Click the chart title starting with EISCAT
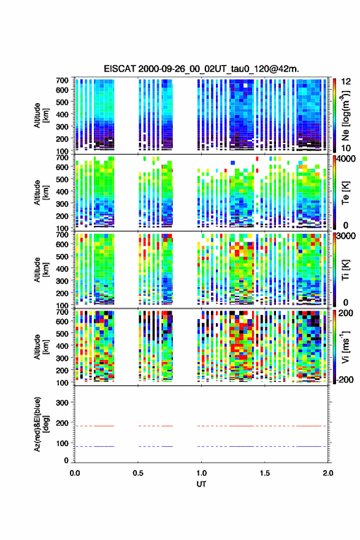coord(201,69)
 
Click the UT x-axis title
coord(201,484)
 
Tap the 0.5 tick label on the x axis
coord(138,473)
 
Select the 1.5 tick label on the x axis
coord(265,473)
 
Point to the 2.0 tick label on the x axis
coord(328,473)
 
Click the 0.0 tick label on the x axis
coord(75,473)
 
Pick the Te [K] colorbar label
coord(345,192)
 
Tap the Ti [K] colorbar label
coord(345,269)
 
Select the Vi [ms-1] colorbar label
coord(345,347)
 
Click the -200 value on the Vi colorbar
coord(345,379)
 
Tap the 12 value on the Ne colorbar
coord(346,82)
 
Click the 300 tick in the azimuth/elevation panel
coord(63,403)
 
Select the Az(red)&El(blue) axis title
coord(41,424)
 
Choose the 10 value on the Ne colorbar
coord(346,148)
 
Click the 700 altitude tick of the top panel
coord(63,80)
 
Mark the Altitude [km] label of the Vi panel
coord(41,347)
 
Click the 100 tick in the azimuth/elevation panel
coord(63,443)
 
